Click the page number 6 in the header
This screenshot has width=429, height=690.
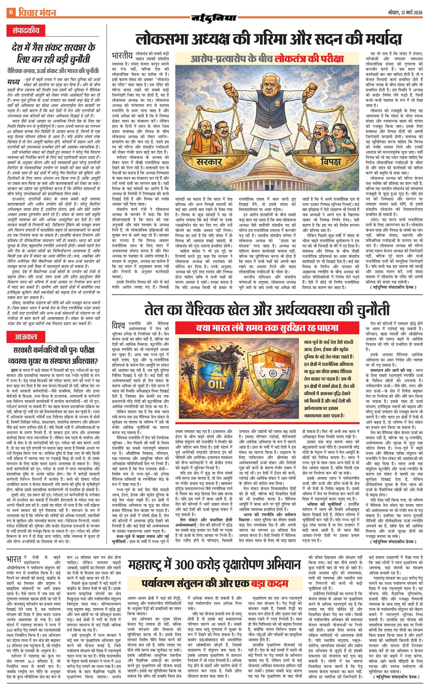(11, 13)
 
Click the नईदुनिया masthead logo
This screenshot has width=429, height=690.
(214, 18)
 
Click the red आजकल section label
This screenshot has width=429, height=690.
(26, 337)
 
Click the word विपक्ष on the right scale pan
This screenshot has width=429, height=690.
(330, 161)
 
